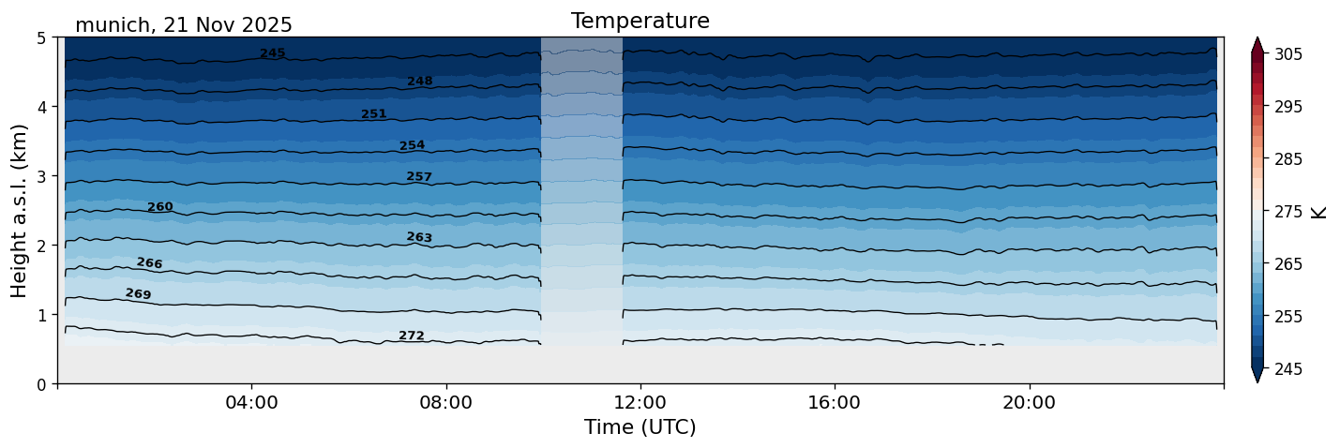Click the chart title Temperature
point(640,21)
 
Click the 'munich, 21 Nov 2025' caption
point(184,25)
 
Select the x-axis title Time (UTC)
point(640,427)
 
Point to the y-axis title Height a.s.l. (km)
point(20,211)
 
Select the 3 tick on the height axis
point(43,176)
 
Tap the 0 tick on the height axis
point(43,384)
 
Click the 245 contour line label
point(273,53)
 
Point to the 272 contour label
point(412,336)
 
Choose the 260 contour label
point(160,207)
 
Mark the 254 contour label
point(413,145)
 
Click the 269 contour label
point(138,294)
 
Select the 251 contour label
point(374,114)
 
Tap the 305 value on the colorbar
point(1287,54)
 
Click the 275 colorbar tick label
point(1287,212)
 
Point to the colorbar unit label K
point(1319,212)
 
